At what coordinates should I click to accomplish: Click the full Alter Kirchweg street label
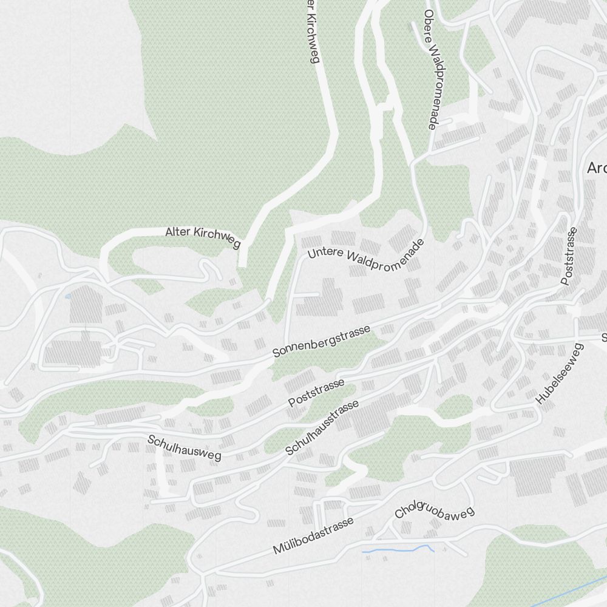point(203,237)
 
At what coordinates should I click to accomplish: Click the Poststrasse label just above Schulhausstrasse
point(316,393)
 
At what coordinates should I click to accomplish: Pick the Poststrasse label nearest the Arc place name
point(568,256)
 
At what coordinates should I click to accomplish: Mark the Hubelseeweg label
point(559,373)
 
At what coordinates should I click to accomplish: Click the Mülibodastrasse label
point(313,537)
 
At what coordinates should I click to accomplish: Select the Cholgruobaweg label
point(434,513)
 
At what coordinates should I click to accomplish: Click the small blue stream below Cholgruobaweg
point(398,550)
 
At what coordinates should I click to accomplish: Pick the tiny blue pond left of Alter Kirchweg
point(67,296)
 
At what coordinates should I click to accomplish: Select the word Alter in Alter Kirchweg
point(177,232)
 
